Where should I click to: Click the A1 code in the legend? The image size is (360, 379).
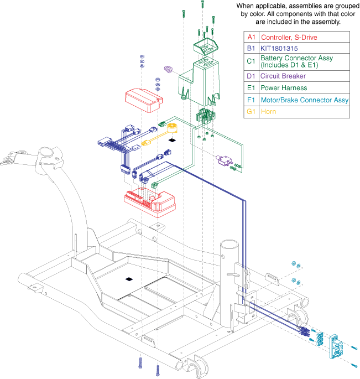pos(251,37)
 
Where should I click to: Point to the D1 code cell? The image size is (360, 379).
pos(251,75)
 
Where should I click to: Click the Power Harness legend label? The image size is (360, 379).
pos(285,87)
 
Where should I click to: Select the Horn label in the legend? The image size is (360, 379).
pos(269,112)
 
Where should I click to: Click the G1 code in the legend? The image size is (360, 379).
pos(251,112)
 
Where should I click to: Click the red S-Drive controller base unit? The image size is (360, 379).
pos(149,202)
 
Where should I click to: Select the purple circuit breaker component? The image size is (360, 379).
pos(225,160)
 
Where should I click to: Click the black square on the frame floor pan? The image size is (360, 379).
pos(129,279)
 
